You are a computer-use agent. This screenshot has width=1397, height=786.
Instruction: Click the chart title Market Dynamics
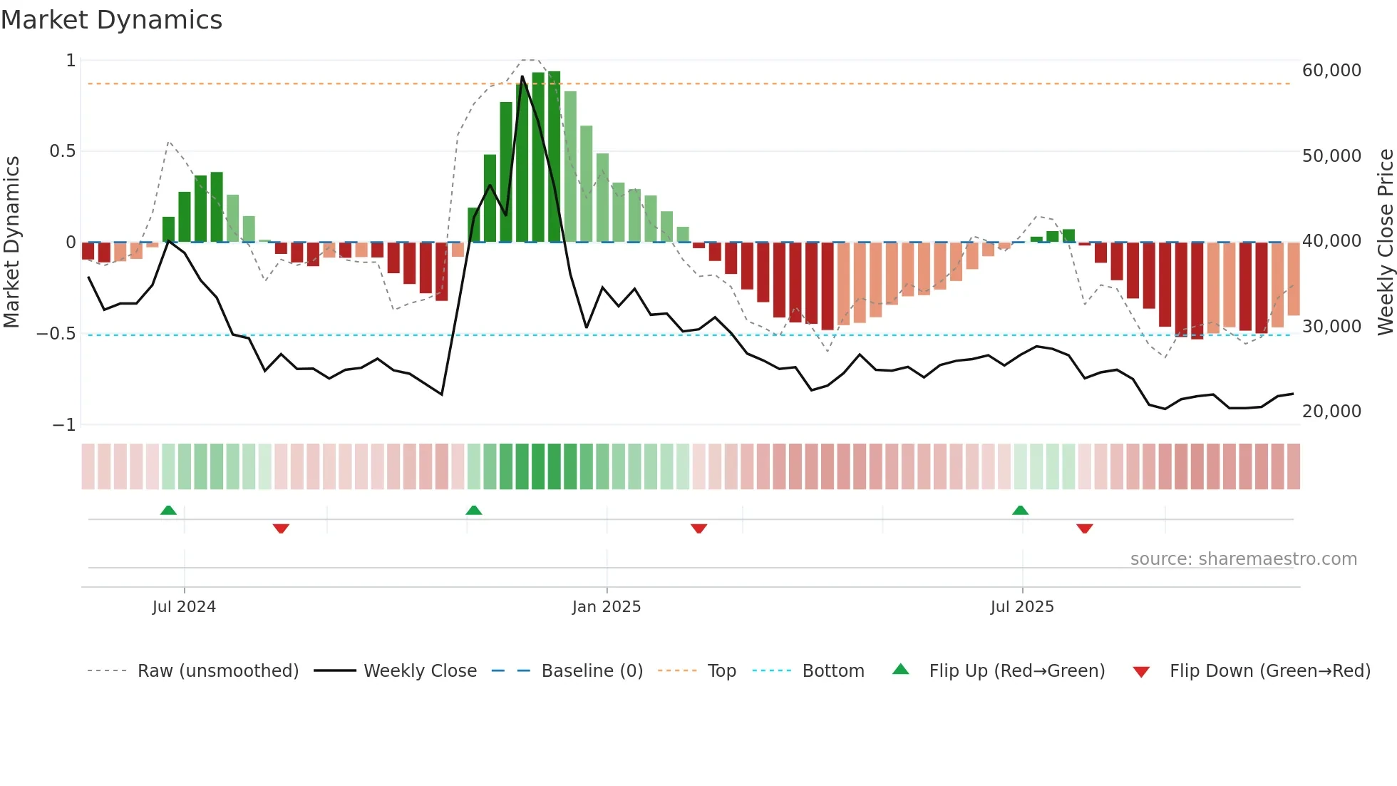click(111, 20)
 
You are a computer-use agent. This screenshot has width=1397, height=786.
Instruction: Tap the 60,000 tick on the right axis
click(1331, 71)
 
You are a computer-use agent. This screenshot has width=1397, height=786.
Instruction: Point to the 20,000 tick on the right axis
click(1331, 412)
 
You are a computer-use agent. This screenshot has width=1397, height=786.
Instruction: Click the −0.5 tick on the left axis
click(56, 334)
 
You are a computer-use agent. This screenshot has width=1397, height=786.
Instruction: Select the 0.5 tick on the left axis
click(62, 151)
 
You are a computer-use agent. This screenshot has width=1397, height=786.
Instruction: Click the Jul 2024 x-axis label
click(184, 607)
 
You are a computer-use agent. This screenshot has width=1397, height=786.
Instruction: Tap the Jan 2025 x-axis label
click(607, 607)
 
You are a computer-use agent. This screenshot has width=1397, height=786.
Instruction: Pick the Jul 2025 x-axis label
click(1021, 607)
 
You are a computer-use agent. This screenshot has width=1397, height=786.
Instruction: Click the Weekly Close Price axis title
click(1385, 242)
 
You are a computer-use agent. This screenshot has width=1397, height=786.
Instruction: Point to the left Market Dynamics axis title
click(11, 242)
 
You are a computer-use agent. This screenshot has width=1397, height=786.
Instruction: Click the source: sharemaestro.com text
click(1243, 559)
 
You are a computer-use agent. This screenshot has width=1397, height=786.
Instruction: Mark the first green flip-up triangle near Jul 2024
click(168, 510)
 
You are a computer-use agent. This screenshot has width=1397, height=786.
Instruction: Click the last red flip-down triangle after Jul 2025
click(1085, 529)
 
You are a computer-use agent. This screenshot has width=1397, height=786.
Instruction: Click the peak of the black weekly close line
click(522, 76)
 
